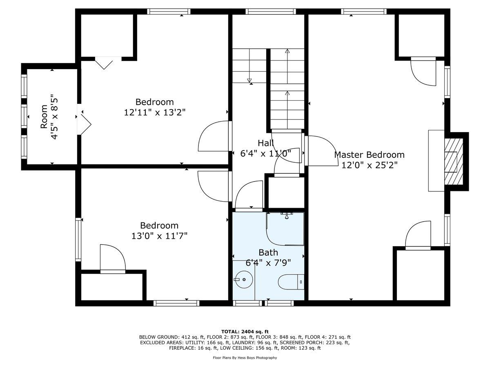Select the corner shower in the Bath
(285, 229)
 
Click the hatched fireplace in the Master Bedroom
(453, 161)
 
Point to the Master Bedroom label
(369, 155)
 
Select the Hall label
(265, 143)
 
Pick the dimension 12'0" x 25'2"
(369, 164)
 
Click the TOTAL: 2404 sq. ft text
(245, 332)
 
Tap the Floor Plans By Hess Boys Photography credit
(245, 358)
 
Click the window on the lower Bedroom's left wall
(78, 240)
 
